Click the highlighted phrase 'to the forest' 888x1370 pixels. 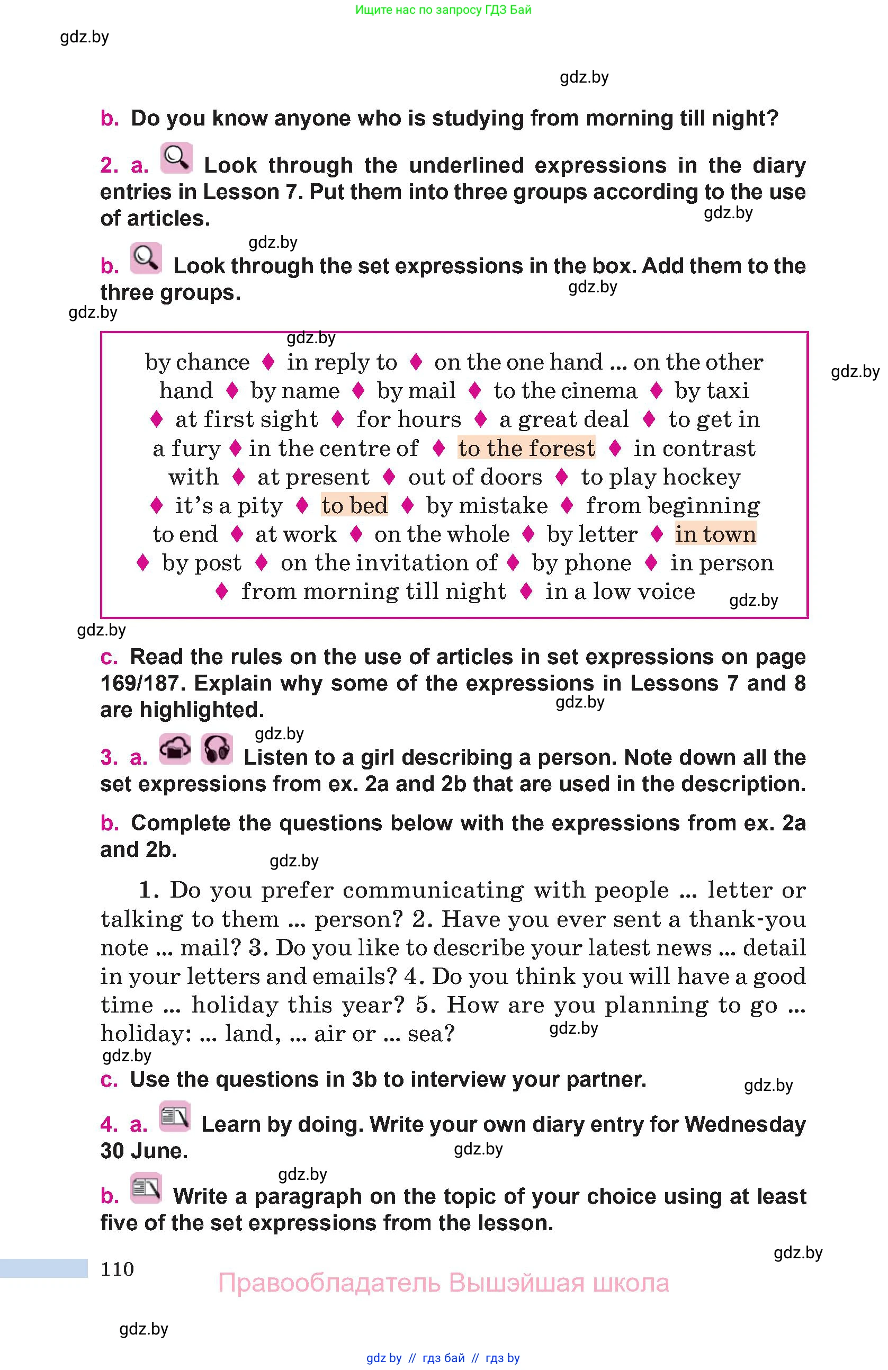(526, 449)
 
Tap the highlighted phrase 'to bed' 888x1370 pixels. (354, 505)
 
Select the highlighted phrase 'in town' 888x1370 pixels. (715, 534)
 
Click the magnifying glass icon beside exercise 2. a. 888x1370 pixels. (176, 158)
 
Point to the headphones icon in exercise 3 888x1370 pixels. (217, 749)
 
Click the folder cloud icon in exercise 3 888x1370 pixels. (175, 749)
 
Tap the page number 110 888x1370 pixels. (118, 1269)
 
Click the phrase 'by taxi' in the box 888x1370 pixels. (712, 391)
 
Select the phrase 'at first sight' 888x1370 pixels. (246, 419)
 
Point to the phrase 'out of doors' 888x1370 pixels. (475, 477)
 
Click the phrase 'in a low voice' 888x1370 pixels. (620, 592)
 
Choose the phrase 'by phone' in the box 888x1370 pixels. (581, 563)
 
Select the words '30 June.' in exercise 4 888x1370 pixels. (144, 1151)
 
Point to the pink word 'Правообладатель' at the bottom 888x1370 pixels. (329, 1283)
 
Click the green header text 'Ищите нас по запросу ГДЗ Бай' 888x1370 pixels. (443, 10)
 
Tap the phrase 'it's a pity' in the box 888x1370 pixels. (228, 506)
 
